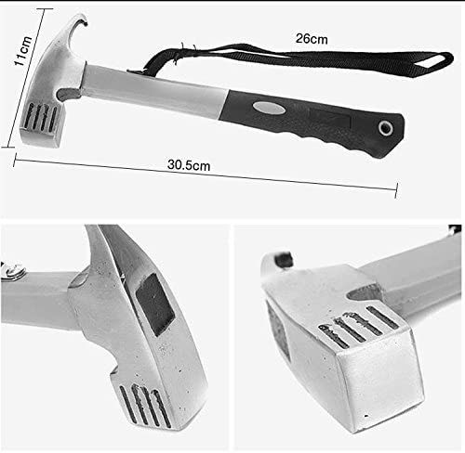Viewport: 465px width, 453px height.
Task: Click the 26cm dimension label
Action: coord(312,39)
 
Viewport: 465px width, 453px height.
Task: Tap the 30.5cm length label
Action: coord(189,165)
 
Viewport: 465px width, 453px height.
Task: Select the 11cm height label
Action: coord(23,50)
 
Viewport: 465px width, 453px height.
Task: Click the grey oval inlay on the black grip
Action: coord(269,108)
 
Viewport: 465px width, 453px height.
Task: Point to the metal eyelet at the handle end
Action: coord(386,127)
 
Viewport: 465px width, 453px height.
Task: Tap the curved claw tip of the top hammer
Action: coord(83,19)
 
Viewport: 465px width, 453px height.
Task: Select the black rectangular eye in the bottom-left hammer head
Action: coord(154,304)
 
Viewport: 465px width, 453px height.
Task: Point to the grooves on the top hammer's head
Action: coord(40,117)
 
